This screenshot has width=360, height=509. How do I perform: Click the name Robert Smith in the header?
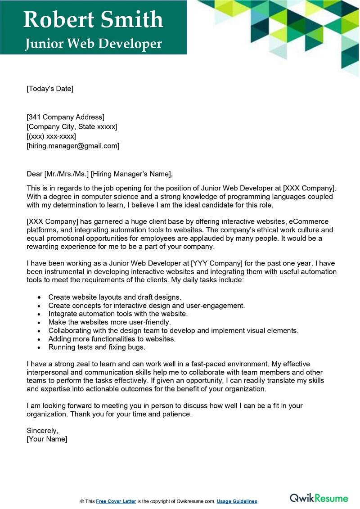click(x=93, y=19)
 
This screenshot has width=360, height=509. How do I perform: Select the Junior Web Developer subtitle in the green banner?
click(x=93, y=43)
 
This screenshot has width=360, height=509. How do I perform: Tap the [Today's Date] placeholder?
click(x=49, y=89)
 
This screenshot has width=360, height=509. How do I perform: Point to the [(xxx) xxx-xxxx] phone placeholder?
click(x=51, y=136)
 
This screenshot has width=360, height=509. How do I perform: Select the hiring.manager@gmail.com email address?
click(x=73, y=146)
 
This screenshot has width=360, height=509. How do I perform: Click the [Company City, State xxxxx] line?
click(x=72, y=127)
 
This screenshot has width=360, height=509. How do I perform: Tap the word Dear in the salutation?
click(x=34, y=174)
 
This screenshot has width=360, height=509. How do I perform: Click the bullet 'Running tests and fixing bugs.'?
click(x=97, y=347)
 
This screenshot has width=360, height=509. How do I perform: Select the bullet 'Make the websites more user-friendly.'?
click(x=110, y=322)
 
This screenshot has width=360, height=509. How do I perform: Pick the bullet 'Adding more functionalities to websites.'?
click(x=112, y=339)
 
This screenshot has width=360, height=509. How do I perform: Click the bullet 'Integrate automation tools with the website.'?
click(x=118, y=314)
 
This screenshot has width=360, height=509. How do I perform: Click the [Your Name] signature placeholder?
click(x=47, y=439)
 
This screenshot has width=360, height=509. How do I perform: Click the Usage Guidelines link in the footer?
click(x=237, y=501)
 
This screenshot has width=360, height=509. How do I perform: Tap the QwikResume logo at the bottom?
click(x=319, y=498)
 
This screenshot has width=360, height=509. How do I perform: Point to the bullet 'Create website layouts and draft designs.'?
click(x=115, y=297)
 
